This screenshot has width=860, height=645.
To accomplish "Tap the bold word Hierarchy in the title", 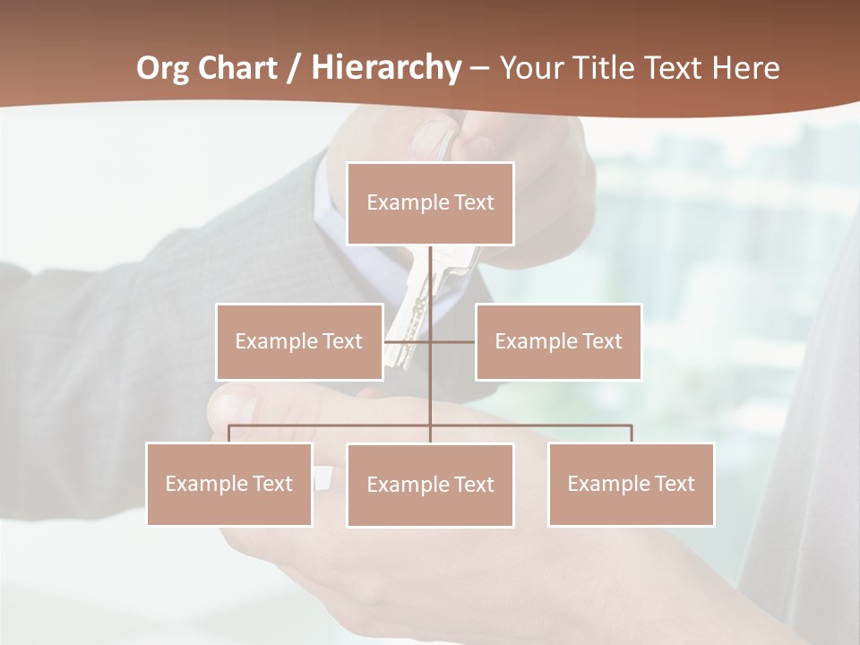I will (x=386, y=68).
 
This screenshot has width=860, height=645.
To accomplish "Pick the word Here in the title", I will (x=745, y=68).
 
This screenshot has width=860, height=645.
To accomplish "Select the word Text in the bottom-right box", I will (x=673, y=484).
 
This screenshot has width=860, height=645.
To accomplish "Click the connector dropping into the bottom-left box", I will (x=228, y=434).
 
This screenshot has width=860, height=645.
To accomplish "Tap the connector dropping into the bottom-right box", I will (x=632, y=434).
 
